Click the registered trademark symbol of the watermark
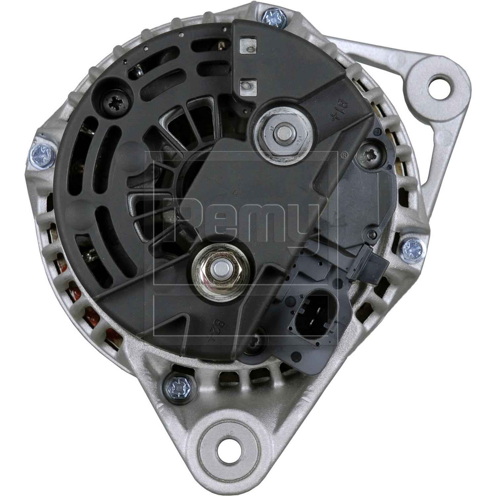click(344, 154)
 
